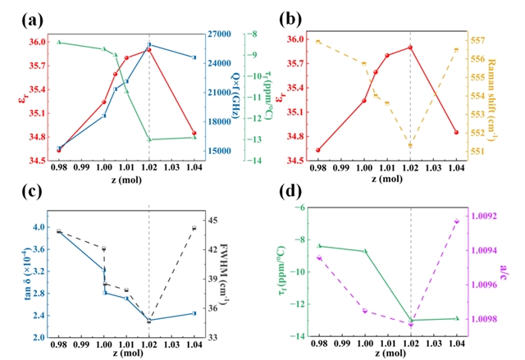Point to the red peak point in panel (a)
pos(148,50)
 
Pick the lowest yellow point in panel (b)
pos(410,145)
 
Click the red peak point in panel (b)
pos(410,48)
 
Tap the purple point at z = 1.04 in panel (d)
pos(455,221)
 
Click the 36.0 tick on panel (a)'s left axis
pos(38,42)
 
